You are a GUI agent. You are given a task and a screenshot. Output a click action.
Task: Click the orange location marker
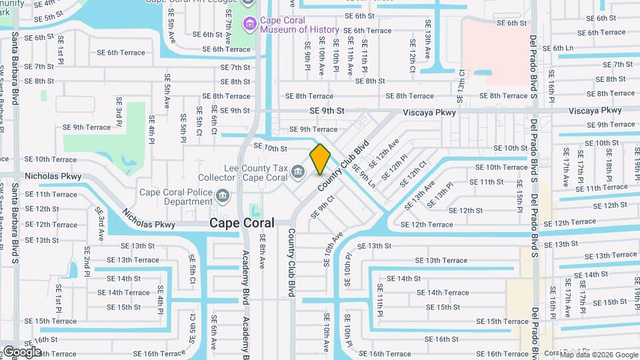[x=320, y=159]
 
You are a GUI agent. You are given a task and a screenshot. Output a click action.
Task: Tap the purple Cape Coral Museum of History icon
[x=250, y=25]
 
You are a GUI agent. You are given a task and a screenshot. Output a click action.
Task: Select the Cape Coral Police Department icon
[x=221, y=196]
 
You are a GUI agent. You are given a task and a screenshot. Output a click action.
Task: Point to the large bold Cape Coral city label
[x=241, y=223]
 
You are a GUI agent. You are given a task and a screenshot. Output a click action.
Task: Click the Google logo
[x=21, y=351]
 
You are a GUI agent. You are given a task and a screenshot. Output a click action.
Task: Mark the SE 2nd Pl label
[x=87, y=261]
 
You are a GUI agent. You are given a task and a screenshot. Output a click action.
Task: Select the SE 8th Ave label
[x=262, y=251]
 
